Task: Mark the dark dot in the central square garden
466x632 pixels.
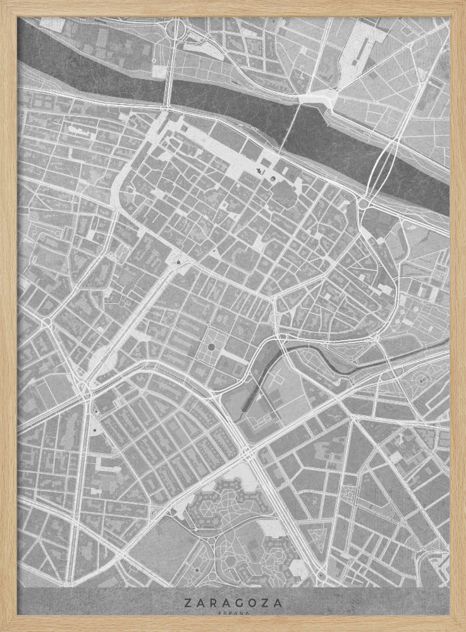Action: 211,347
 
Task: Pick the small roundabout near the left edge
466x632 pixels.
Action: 46,323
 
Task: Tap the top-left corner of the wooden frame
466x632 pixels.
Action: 3,3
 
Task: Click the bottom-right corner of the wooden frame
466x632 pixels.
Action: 463,629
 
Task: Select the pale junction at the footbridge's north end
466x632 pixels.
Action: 316,97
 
